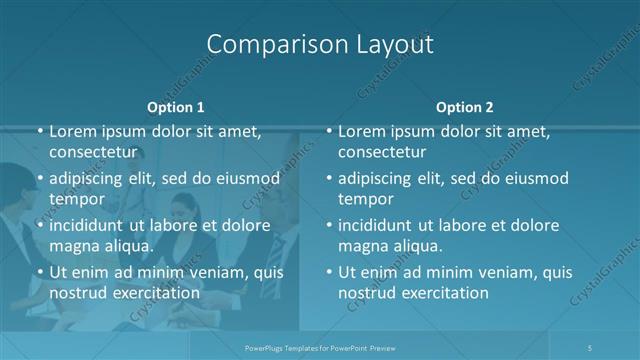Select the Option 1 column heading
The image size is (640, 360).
click(x=175, y=106)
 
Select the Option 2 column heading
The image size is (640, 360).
click(x=465, y=106)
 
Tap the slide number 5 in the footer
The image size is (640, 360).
click(x=591, y=347)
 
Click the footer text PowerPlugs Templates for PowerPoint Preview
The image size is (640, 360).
click(x=320, y=347)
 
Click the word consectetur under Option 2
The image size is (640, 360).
click(x=382, y=152)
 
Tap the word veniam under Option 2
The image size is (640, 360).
click(x=513, y=272)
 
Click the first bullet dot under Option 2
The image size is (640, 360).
click(x=329, y=131)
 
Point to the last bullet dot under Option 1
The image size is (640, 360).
click(x=39, y=272)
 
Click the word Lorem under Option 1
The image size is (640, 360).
click(x=73, y=132)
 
